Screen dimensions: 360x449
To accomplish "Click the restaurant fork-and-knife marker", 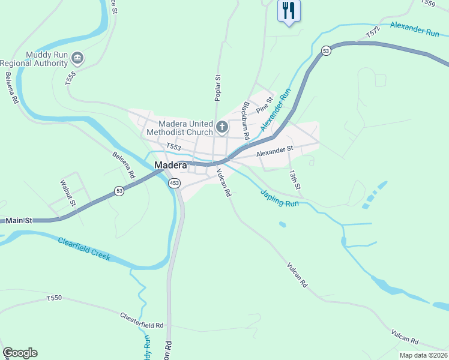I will [x=289, y=10].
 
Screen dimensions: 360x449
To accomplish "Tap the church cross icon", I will [x=222, y=127].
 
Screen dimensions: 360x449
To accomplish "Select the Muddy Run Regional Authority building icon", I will [x=77, y=58].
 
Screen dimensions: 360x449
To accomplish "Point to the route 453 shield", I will [x=174, y=183].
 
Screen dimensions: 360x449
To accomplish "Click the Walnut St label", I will [x=67, y=193].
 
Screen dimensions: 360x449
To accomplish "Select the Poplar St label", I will [x=218, y=88].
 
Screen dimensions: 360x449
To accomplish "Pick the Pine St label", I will [x=265, y=106].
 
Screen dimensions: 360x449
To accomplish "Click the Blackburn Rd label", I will [x=245, y=120].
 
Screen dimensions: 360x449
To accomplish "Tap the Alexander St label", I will [x=274, y=151].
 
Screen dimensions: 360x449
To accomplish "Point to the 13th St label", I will [x=294, y=178].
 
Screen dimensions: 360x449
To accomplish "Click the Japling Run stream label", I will [x=279, y=199].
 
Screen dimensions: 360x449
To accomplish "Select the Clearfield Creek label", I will [x=84, y=248].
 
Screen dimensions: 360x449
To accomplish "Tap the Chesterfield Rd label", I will [x=142, y=320].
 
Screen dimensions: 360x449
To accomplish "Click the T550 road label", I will [x=54, y=298].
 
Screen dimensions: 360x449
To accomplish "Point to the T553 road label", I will [x=173, y=146].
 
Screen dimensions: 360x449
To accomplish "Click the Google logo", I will [x=20, y=353].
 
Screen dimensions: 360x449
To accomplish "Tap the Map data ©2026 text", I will [x=423, y=355].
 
